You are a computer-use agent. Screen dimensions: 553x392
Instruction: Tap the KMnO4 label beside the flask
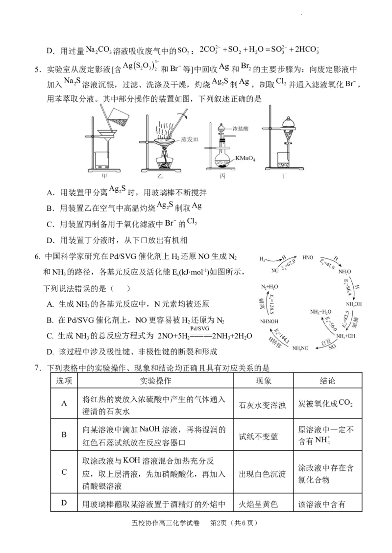pos(245,159)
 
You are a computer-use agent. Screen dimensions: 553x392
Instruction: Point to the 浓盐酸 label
pos(241,129)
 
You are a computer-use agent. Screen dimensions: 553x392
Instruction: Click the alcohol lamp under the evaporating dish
pos(164,162)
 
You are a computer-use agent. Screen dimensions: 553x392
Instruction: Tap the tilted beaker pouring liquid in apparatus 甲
pos(116,115)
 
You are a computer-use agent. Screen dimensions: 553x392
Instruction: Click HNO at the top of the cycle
pos(308,257)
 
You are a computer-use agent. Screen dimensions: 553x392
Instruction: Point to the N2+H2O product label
pos(269,286)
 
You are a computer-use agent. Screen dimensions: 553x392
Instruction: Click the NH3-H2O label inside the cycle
pos(320,311)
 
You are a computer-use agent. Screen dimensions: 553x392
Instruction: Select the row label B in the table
pos(64,434)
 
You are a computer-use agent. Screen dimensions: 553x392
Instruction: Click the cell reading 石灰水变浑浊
pos(262,405)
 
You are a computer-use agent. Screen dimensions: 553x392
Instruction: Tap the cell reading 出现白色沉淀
pos(262,474)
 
